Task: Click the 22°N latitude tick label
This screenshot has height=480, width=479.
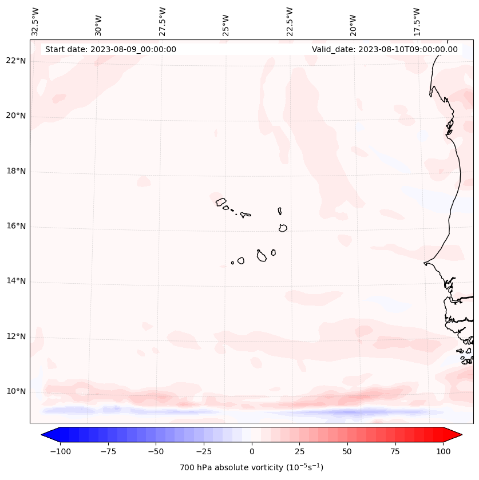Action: (x=16, y=61)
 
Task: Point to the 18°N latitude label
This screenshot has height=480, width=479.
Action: (x=16, y=172)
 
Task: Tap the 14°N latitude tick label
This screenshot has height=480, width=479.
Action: (x=16, y=281)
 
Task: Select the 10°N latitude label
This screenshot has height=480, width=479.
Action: (x=16, y=391)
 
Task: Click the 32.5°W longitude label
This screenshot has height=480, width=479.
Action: (x=35, y=21)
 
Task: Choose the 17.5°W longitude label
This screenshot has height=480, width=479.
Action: (x=417, y=21)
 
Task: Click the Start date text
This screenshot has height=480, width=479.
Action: (x=110, y=49)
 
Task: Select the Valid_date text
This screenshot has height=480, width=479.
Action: (x=385, y=49)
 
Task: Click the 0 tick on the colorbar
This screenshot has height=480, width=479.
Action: (x=252, y=451)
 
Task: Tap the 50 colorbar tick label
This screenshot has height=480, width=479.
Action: (x=347, y=451)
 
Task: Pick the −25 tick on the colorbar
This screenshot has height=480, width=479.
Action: (x=204, y=451)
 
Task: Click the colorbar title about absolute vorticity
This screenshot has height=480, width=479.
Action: (x=251, y=467)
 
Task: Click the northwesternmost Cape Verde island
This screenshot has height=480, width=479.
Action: (x=221, y=201)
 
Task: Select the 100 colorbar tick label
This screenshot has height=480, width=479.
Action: (x=442, y=451)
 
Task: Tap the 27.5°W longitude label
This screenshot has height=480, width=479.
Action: (x=163, y=21)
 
